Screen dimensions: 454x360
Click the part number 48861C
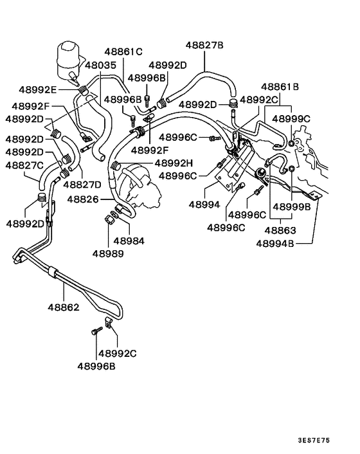click(122, 51)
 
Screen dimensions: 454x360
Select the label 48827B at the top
click(204, 45)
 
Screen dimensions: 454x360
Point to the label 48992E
click(37, 89)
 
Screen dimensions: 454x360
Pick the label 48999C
click(291, 118)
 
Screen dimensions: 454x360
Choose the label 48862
click(62, 307)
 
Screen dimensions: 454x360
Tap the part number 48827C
click(24, 165)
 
